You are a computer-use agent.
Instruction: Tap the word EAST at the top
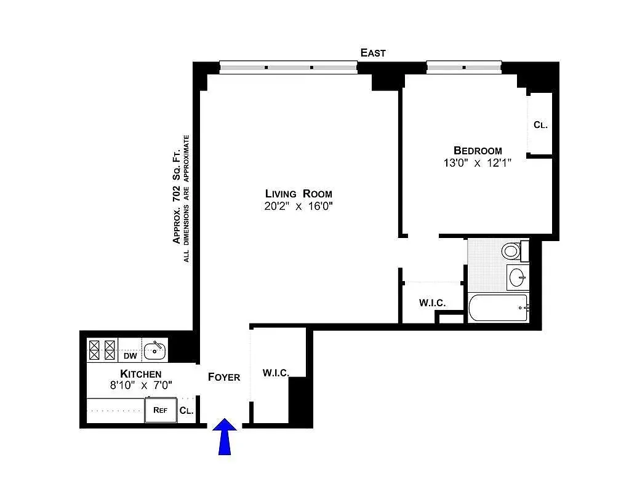(x=373, y=53)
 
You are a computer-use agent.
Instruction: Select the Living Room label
(x=298, y=194)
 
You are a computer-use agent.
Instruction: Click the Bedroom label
(x=478, y=151)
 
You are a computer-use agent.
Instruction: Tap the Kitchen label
(x=140, y=374)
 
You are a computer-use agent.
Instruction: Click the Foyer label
(x=223, y=377)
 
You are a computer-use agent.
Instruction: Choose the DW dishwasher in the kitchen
(x=130, y=355)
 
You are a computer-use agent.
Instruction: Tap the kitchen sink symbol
(x=154, y=351)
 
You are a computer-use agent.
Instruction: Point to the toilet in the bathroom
(x=511, y=251)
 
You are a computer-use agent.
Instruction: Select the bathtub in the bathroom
(x=497, y=308)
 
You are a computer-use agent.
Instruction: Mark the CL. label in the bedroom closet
(x=540, y=125)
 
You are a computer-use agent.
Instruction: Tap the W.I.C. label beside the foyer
(x=275, y=373)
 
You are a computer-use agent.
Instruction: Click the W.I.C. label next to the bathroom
(x=432, y=303)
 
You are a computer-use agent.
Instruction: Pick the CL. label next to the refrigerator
(x=186, y=411)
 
